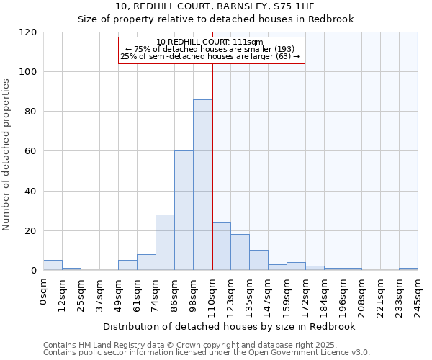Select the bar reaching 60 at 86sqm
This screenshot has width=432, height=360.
point(184,211)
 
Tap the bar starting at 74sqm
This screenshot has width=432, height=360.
point(165,243)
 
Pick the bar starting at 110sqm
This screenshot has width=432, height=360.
point(221,247)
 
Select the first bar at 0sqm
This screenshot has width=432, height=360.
point(53,265)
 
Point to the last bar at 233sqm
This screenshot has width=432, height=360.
point(408,269)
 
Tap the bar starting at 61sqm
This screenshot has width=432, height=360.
point(146,263)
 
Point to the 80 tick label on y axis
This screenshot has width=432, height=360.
point(31,112)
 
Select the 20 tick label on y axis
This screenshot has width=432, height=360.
point(31,231)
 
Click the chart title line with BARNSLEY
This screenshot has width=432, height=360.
point(215,6)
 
